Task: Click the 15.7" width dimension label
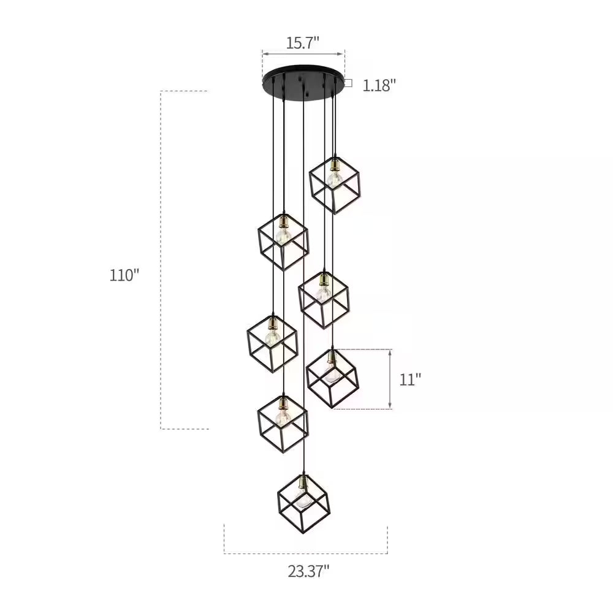tap(303, 42)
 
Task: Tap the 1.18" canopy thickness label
tap(379, 85)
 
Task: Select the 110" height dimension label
tap(124, 275)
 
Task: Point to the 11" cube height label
tap(409, 379)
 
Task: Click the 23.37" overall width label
tap(308, 571)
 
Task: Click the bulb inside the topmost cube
tap(335, 179)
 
